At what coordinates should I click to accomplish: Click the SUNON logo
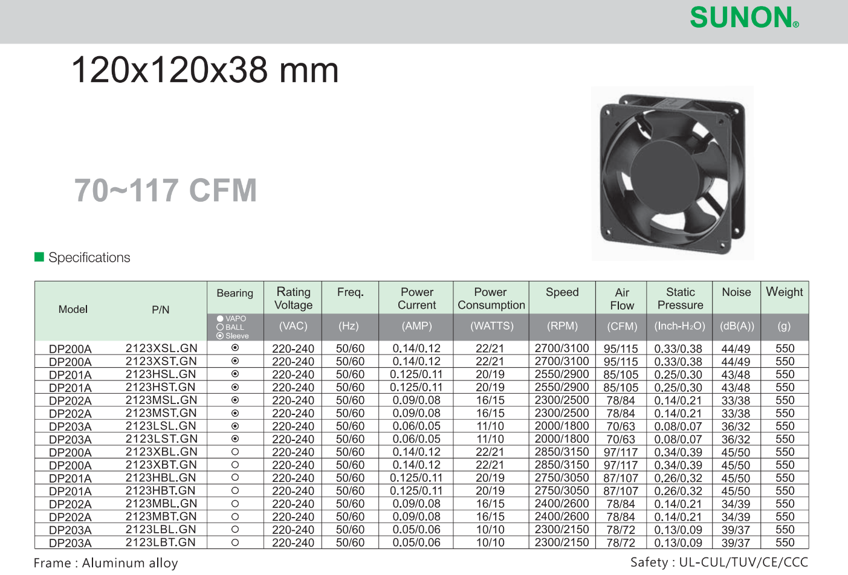744,18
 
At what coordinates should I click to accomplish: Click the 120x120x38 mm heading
205,70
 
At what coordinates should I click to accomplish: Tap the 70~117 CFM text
166,190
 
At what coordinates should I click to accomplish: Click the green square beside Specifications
39,257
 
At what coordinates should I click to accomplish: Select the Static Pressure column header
680,298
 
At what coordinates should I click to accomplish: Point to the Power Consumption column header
491,298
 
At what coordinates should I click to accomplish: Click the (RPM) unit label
562,326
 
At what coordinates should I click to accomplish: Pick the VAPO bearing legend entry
231,318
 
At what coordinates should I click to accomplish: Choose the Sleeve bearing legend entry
233,336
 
